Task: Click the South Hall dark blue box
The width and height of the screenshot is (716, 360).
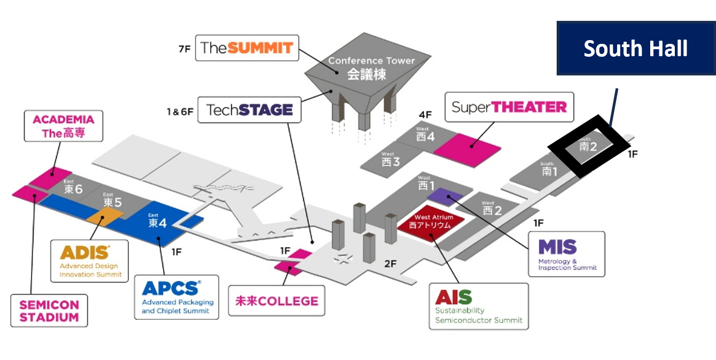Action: [635, 49]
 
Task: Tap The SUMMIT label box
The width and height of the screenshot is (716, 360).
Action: [247, 48]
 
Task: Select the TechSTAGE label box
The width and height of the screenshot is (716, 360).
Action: [249, 110]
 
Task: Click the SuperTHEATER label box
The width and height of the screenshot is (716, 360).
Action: [509, 107]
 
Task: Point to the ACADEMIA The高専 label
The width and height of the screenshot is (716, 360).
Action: [63, 126]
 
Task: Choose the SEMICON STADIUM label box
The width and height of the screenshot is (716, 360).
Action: [49, 311]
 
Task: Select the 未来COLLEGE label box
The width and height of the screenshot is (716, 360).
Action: [277, 301]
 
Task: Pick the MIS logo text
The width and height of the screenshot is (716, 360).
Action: [557, 248]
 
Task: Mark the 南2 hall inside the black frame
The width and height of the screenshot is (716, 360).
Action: [588, 145]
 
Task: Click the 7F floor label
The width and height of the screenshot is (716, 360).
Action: [184, 49]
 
